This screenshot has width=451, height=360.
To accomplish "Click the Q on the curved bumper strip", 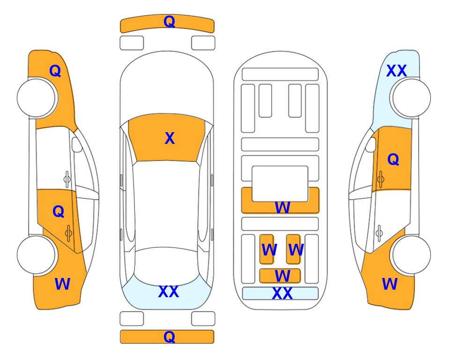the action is coord(169,22).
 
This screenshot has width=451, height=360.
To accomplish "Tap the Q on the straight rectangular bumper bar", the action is coord(169,337).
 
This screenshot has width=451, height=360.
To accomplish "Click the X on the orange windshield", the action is coord(170,138).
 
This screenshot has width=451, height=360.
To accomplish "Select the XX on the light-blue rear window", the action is coord(169,292).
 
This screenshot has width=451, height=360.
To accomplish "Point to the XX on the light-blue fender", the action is coord(396,71).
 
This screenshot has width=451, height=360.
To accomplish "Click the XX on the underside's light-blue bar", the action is coord(282,293).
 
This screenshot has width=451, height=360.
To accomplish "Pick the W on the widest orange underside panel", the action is coord(282,207).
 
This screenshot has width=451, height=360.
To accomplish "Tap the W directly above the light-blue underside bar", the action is coord(282,276).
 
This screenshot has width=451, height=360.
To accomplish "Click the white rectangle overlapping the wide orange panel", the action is coord(280,184).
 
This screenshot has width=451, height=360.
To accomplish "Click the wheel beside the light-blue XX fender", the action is coord(412,98).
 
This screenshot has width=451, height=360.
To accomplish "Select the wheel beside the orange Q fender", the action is coord(36,98).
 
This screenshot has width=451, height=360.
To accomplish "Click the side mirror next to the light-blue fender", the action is coord(371,144).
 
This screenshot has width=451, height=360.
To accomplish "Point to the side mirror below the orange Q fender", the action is coord(77,144).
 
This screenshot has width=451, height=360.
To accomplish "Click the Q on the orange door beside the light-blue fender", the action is coord(393,159).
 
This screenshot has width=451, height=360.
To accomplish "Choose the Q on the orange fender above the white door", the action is coord(55,71).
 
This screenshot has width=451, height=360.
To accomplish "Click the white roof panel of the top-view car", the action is coord(166,204).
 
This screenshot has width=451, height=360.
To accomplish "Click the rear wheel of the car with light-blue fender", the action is coord(412,255).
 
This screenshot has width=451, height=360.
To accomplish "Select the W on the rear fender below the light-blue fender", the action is coord(390,284).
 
